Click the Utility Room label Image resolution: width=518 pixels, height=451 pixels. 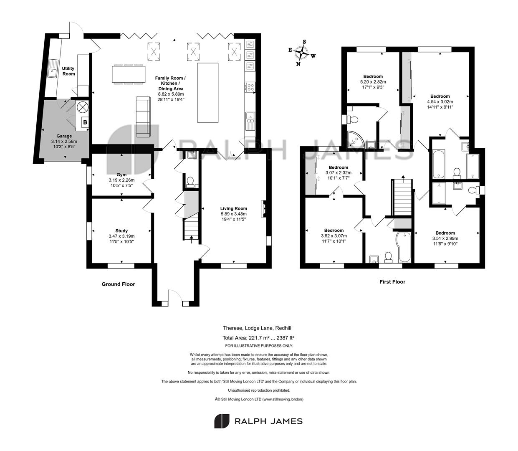[x=68, y=71]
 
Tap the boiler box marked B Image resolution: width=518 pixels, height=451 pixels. [x=85, y=122]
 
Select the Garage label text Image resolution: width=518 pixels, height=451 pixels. [x=64, y=136]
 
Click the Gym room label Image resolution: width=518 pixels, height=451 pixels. [x=121, y=175]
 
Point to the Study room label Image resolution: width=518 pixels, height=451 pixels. [x=121, y=231]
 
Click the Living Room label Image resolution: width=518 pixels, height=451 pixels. [x=233, y=208]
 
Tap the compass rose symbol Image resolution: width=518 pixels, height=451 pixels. [x=301, y=53]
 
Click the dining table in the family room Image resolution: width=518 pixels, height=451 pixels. [x=129, y=74]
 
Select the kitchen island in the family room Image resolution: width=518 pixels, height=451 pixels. [x=207, y=93]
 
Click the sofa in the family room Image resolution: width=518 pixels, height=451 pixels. [x=143, y=117]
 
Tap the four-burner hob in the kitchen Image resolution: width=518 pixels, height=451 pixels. [x=250, y=87]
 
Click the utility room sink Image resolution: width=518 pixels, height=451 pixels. [x=53, y=68]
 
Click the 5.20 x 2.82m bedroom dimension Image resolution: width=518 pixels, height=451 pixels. [x=373, y=82]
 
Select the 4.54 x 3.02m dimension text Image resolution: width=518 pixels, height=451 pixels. [x=440, y=101]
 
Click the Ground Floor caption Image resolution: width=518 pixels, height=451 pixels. [x=118, y=284]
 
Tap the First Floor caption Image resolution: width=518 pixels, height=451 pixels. [x=392, y=281]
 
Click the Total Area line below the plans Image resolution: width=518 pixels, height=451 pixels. [x=258, y=337]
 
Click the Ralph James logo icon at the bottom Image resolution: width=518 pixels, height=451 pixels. [x=222, y=421]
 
